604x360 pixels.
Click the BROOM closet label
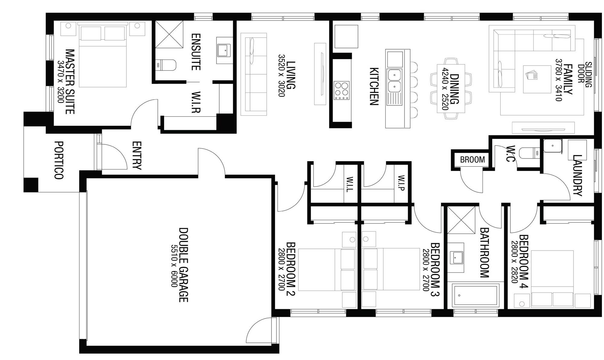[472, 159]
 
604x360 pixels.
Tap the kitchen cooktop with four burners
[342, 90]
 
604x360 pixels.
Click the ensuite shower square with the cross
[169, 34]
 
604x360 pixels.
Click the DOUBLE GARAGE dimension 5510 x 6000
[174, 266]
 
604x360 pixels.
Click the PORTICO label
[59, 160]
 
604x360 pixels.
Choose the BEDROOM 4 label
[523, 262]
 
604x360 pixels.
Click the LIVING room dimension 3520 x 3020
[281, 75]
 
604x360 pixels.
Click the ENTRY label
[137, 156]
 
